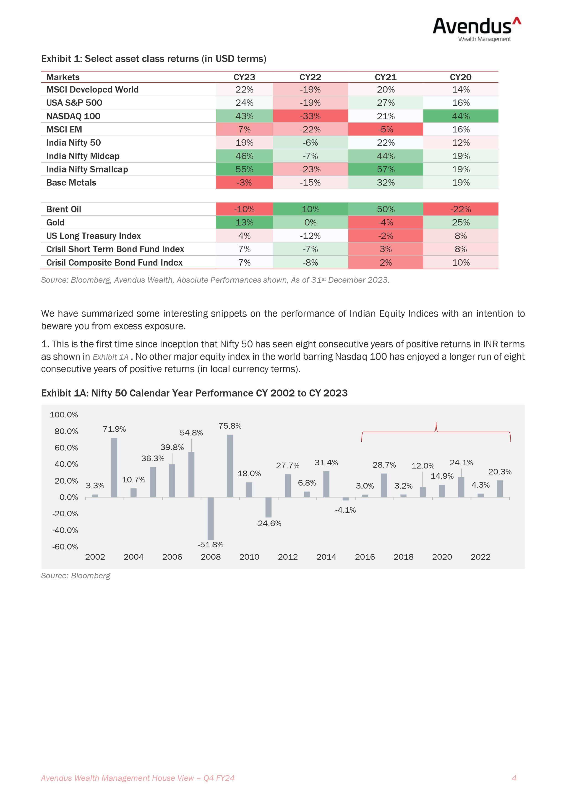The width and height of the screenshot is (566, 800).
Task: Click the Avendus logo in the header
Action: [x=477, y=30]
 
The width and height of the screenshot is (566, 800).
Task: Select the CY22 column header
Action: [x=310, y=77]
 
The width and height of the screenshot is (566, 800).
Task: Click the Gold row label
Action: [x=55, y=222]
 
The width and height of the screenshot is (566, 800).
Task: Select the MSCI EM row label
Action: [x=64, y=129]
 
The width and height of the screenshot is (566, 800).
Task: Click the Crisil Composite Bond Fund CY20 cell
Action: [x=461, y=262]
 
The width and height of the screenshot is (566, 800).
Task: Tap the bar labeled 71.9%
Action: [x=114, y=467]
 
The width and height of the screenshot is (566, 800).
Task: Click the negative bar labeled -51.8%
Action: [x=211, y=518]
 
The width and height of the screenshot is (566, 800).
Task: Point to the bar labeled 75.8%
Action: [x=230, y=466]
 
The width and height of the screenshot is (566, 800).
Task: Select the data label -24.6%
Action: [x=268, y=523]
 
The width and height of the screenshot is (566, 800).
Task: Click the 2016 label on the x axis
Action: [x=365, y=557]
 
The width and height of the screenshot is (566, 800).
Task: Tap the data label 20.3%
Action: [x=500, y=472]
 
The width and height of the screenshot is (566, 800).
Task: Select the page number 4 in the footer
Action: [x=514, y=778]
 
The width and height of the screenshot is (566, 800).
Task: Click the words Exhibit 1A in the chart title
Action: [x=65, y=393]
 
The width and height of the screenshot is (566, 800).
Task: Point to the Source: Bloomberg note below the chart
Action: [x=76, y=576]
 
